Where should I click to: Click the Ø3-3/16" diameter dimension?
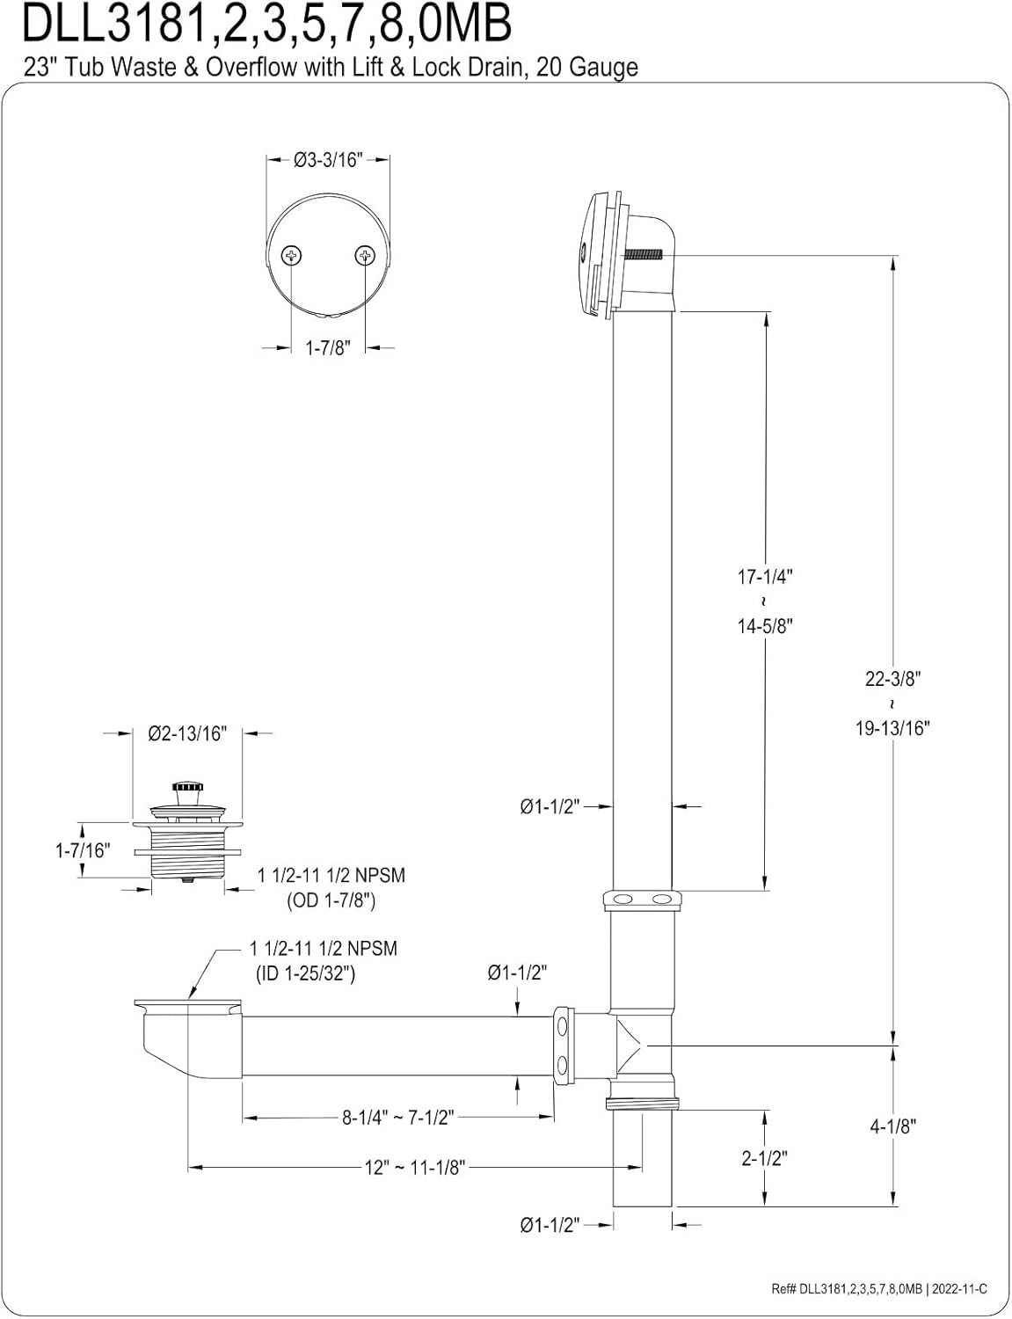pyautogui.click(x=328, y=160)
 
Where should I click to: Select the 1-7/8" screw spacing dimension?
pyautogui.click(x=328, y=348)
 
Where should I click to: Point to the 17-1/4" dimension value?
pyautogui.click(x=764, y=577)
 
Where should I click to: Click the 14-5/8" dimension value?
pyautogui.click(x=764, y=626)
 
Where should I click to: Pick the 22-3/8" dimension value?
pyautogui.click(x=892, y=679)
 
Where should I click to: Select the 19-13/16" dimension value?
pyautogui.click(x=892, y=728)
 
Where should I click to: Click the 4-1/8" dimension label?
pyautogui.click(x=892, y=1126)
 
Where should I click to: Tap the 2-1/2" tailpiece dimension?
pyautogui.click(x=764, y=1158)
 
